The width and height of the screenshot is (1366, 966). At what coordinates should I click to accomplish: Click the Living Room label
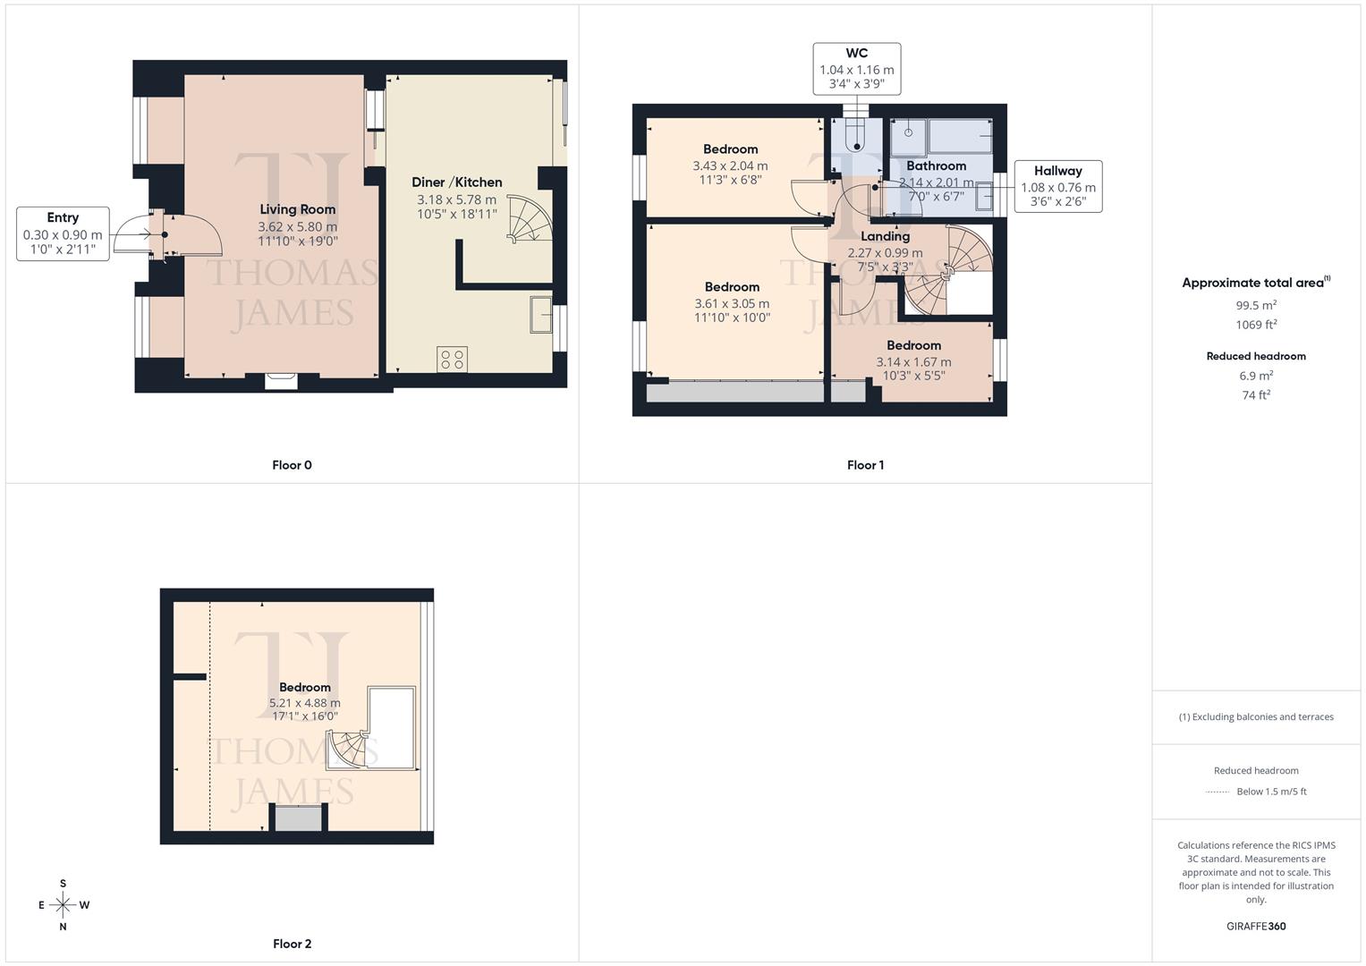point(297,209)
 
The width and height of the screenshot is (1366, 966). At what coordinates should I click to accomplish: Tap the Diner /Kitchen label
point(456,182)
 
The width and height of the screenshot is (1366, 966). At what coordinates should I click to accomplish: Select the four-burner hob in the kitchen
point(452,359)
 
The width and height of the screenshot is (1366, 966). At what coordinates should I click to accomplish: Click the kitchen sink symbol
point(540,313)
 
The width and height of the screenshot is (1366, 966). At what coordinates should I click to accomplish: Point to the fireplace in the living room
point(281,381)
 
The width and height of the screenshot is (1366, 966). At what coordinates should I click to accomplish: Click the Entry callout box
point(63,233)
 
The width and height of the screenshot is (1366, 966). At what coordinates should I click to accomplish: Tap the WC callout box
point(856,69)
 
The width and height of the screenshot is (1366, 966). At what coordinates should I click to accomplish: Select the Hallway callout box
point(1057,186)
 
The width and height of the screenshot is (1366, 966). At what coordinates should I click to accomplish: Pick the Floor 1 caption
point(865,465)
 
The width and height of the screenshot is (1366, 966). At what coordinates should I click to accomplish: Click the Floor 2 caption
point(292,944)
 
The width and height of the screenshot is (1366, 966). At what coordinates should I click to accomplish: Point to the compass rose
point(63,905)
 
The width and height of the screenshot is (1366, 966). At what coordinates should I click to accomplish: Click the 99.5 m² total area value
point(1256,305)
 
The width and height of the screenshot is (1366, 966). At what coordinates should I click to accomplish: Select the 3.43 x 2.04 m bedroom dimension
point(730,165)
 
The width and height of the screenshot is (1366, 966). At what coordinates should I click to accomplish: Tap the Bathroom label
point(936,165)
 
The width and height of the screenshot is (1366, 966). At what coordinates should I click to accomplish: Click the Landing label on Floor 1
point(885,236)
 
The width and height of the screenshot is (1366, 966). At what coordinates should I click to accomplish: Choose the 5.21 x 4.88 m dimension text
point(304,703)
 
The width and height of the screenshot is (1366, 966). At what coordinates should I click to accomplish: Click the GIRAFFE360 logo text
point(1256,926)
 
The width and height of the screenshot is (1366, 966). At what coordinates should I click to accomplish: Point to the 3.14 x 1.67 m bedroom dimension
point(913,362)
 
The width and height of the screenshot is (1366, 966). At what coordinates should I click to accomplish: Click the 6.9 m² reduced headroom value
point(1256,376)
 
